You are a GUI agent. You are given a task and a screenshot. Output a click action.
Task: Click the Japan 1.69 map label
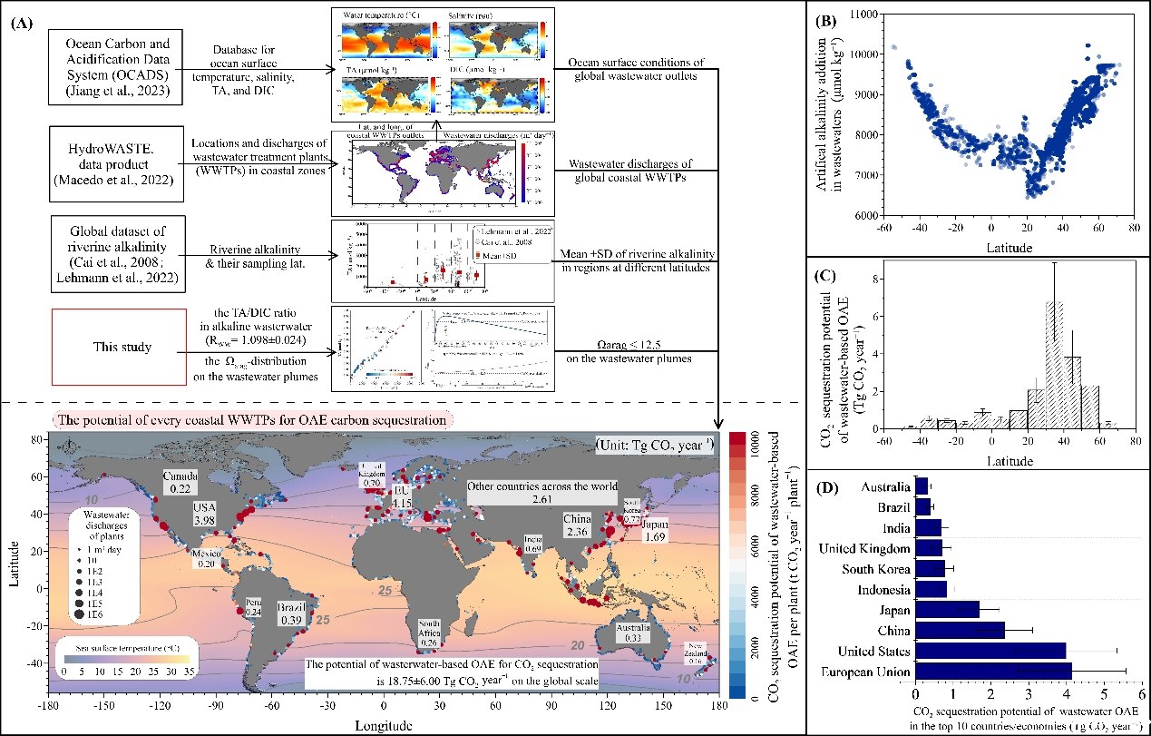coord(655,531)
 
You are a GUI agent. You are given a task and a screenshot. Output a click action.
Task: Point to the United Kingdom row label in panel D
coord(863,548)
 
